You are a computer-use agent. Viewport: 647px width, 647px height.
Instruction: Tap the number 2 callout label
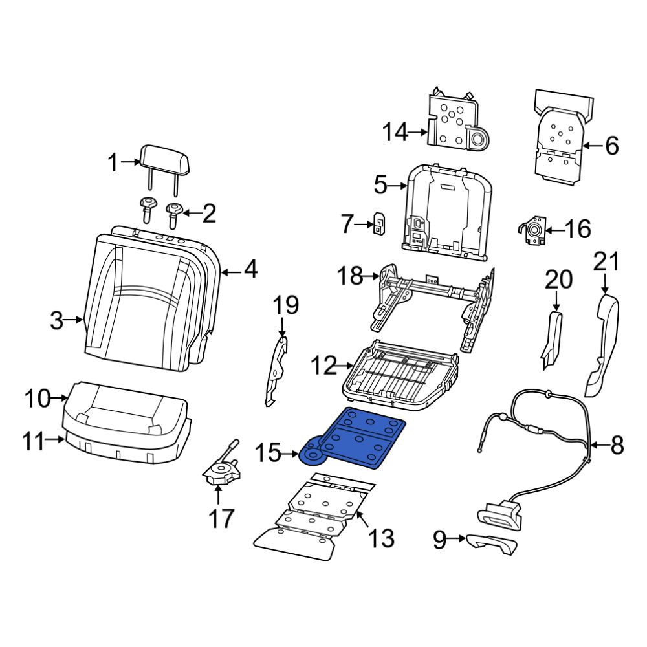[209, 213]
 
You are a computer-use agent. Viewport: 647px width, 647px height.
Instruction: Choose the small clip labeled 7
[378, 225]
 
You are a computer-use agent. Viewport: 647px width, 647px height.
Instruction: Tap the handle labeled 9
[492, 543]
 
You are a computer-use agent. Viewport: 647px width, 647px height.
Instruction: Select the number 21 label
[606, 262]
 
